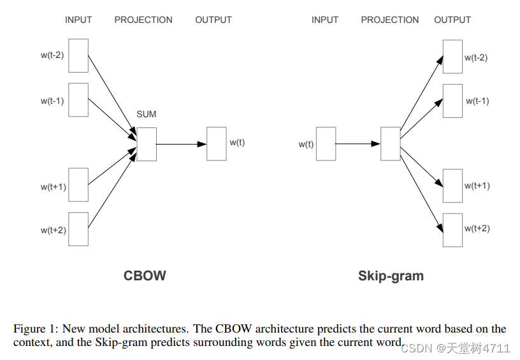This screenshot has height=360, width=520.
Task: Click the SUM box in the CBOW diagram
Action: click(146, 144)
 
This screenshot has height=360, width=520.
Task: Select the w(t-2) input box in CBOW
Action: click(78, 55)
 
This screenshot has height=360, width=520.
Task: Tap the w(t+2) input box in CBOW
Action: click(78, 229)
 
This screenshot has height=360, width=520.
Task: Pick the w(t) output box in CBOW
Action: click(216, 143)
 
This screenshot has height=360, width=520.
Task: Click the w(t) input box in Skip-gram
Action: click(326, 143)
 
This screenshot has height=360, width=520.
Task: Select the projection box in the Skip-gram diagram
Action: click(390, 143)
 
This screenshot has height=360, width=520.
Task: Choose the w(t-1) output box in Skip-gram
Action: click(452, 101)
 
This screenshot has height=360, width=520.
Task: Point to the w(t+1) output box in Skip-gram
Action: click(452, 185)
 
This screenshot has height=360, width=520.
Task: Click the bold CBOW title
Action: click(145, 276)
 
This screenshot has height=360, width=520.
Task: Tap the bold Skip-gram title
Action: click(391, 276)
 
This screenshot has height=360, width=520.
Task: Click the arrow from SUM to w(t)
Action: click(181, 144)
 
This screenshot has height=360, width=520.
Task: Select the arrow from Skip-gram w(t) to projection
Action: click(357, 144)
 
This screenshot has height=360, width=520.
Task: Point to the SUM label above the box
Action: click(146, 114)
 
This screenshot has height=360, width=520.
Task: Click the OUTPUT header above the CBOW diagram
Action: click(213, 20)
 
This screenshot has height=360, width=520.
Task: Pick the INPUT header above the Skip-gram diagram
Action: click(325, 20)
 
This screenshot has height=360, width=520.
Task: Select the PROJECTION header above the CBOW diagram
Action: click(143, 20)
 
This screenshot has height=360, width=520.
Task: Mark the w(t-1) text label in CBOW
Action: click(52, 101)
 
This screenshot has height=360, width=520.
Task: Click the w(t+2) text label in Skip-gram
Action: click(477, 228)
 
